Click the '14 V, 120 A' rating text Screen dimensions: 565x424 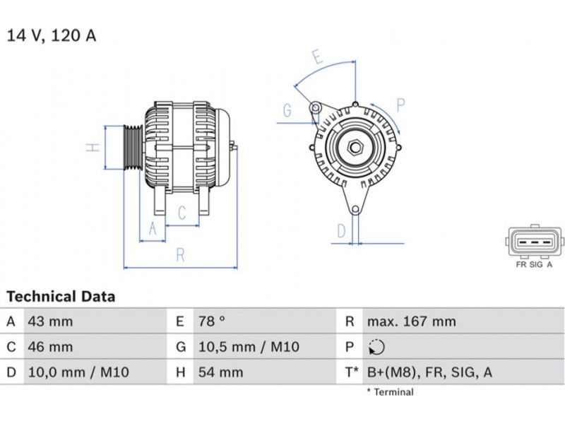(52, 36)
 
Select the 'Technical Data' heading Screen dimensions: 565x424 (61, 296)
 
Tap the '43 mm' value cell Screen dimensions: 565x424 (50, 322)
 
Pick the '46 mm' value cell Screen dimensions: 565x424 (50, 347)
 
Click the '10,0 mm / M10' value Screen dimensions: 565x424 (78, 372)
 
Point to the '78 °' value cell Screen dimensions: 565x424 (211, 322)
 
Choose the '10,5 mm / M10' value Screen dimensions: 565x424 (249, 347)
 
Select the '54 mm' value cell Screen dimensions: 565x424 (220, 372)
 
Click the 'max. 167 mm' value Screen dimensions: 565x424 (412, 322)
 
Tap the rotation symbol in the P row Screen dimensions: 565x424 (376, 347)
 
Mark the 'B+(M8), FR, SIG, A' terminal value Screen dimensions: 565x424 (429, 372)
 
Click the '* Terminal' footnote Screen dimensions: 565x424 (391, 392)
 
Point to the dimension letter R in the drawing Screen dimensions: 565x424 (180, 255)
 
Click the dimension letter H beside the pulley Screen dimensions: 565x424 (93, 147)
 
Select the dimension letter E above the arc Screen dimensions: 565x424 (317, 57)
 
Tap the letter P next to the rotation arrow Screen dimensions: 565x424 (400, 105)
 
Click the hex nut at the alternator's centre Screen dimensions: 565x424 (355, 147)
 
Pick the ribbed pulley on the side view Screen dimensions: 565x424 (133, 147)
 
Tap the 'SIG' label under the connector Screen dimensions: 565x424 (536, 264)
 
